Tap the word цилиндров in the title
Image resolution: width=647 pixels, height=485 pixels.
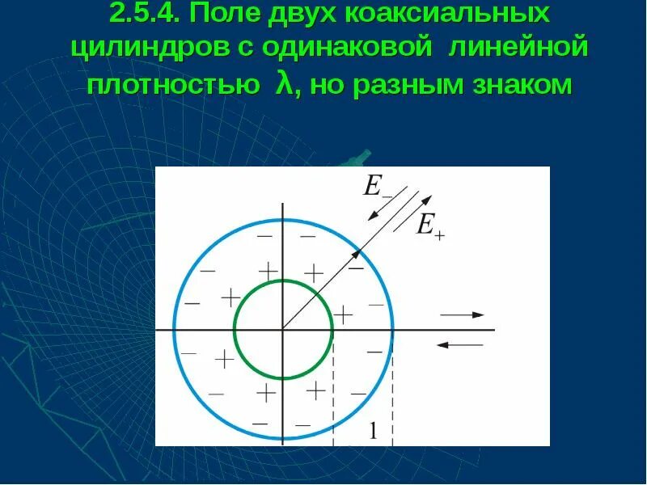[154, 48]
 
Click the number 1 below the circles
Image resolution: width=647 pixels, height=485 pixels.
[373, 432]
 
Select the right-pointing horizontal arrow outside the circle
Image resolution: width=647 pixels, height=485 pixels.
[463, 314]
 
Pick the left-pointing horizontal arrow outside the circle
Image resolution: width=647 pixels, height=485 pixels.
[459, 345]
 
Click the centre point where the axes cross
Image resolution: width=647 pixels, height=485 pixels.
[282, 330]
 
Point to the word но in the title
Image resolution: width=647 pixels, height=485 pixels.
[329, 83]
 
